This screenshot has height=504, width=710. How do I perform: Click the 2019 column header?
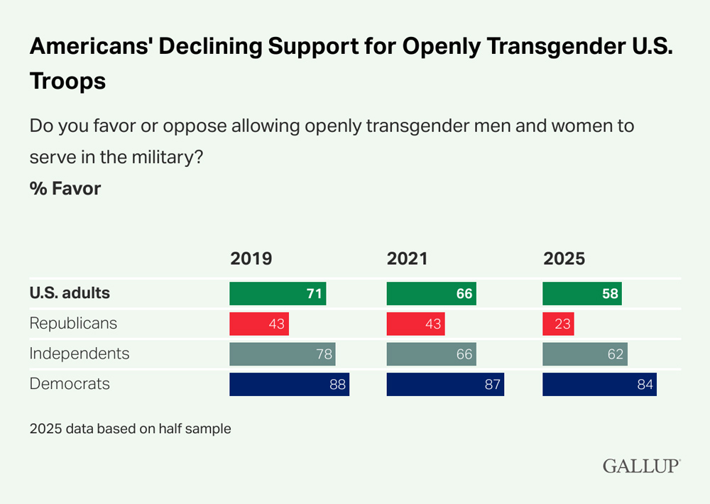coord(251,258)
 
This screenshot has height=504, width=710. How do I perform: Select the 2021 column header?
coord(407,258)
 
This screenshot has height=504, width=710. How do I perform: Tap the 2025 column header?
coord(564,258)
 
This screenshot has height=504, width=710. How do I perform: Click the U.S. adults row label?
coord(70,292)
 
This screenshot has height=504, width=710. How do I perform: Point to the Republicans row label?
coord(73,323)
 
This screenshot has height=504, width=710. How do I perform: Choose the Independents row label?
coord(80,353)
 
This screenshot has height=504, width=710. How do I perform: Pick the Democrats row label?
coord(70,383)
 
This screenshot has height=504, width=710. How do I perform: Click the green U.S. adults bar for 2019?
coord(278,293)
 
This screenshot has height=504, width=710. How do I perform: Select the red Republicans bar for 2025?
coord(558,324)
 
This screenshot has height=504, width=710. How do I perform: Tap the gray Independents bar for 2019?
coord(282,354)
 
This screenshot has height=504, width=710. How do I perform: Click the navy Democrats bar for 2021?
coord(445,384)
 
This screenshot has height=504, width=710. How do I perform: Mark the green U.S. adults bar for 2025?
coord(582,293)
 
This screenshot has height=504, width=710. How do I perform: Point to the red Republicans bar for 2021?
coord(415,324)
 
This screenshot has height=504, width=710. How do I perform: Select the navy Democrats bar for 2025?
coord(599,384)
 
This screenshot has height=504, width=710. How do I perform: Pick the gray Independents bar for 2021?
coord(431,354)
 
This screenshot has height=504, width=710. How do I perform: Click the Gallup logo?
coord(641,466)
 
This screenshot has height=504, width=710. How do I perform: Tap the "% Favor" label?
coord(65,189)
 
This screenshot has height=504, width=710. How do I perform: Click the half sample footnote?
coord(130,429)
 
